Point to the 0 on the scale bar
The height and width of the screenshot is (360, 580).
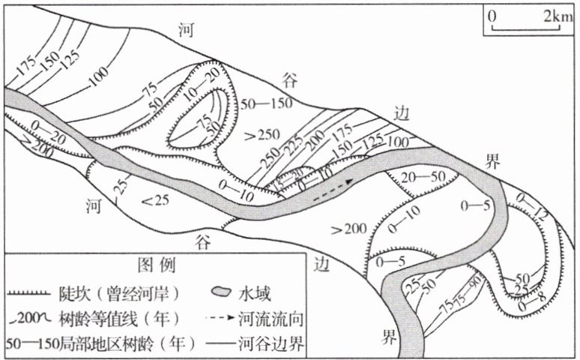pos(492,16)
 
